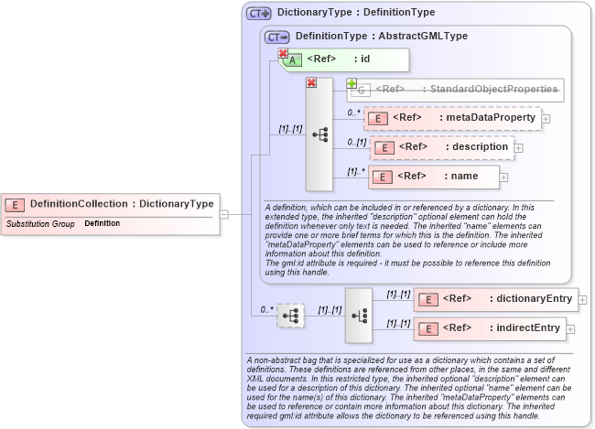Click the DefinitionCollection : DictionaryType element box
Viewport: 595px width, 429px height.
point(110,204)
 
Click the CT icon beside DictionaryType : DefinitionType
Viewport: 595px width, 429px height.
point(258,14)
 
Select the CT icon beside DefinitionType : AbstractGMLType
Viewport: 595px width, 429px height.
point(276,37)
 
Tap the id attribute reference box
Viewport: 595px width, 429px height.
point(343,59)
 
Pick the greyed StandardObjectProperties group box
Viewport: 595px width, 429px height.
point(454,90)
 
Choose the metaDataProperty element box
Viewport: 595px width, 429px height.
point(452,118)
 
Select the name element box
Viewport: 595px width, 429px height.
point(435,176)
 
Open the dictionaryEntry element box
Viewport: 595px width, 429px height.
point(495,299)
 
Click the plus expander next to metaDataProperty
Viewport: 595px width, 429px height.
point(546,118)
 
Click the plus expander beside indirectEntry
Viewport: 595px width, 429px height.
point(570,327)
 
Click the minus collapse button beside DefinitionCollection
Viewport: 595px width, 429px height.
point(224,214)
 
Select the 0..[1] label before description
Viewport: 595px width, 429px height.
point(357,142)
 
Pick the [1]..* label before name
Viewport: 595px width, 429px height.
point(356,171)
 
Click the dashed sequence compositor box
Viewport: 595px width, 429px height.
point(290,316)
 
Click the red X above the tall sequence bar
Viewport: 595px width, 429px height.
point(311,83)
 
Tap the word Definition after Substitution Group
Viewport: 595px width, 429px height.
point(102,223)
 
